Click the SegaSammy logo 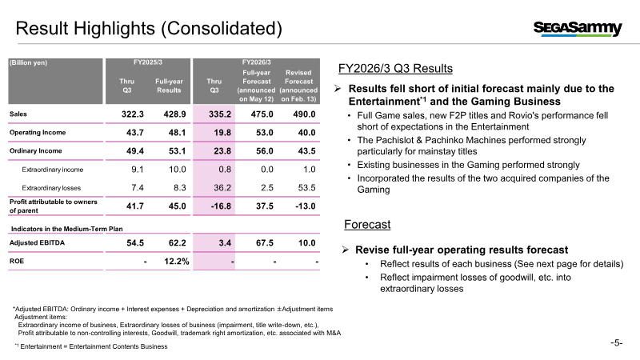(x=578, y=29)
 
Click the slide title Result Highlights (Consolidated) (x=149, y=29)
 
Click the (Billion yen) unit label (x=29, y=62)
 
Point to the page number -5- (x=616, y=343)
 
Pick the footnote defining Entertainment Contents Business (x=91, y=346)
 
